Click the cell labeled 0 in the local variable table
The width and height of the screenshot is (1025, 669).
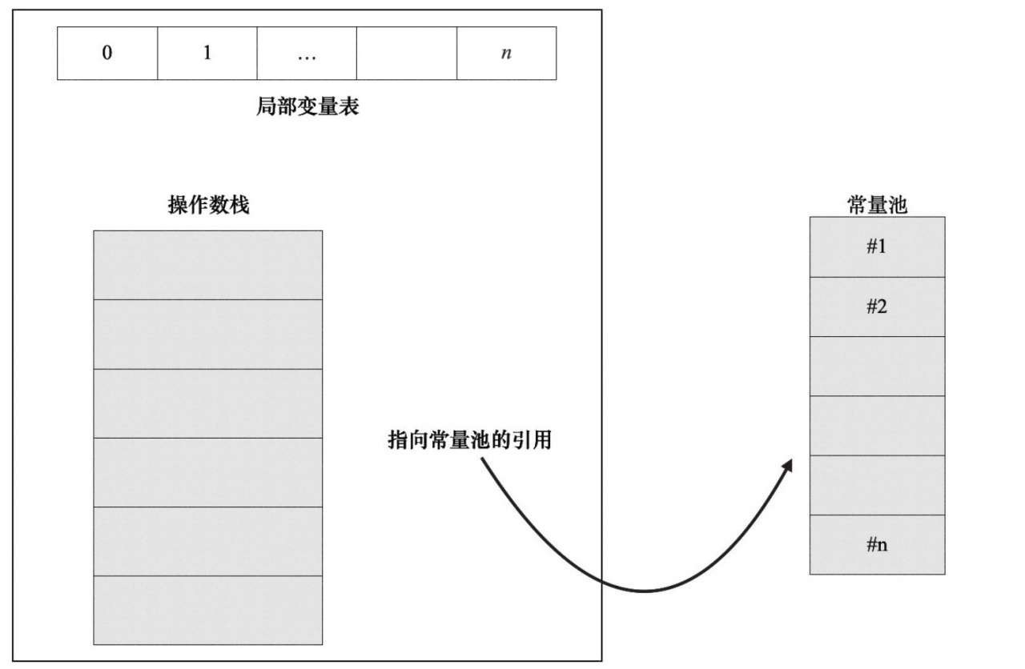click(107, 54)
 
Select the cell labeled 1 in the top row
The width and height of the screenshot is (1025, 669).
click(207, 54)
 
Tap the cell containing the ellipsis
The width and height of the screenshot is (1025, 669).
click(307, 54)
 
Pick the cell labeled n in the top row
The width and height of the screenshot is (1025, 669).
click(506, 54)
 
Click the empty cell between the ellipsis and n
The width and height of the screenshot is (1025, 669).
click(406, 54)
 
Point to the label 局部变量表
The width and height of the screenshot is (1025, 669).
click(307, 106)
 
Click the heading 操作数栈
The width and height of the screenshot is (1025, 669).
click(208, 205)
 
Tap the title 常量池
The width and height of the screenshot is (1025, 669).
click(877, 204)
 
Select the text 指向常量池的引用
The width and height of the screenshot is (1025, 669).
click(470, 439)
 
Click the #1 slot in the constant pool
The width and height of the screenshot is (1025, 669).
click(877, 246)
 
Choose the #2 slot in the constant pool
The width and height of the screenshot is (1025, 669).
click(877, 306)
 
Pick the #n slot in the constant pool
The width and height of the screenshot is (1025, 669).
click(877, 545)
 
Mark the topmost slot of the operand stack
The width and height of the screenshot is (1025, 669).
click(208, 265)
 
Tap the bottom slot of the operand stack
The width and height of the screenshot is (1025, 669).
click(208, 610)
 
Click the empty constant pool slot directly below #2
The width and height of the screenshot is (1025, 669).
click(877, 366)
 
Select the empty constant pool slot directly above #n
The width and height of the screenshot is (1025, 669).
click(877, 485)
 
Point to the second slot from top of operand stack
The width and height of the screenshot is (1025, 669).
click(208, 334)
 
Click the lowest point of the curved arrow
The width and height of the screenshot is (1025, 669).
click(645, 591)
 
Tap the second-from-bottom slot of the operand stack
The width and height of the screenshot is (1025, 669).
click(208, 541)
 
